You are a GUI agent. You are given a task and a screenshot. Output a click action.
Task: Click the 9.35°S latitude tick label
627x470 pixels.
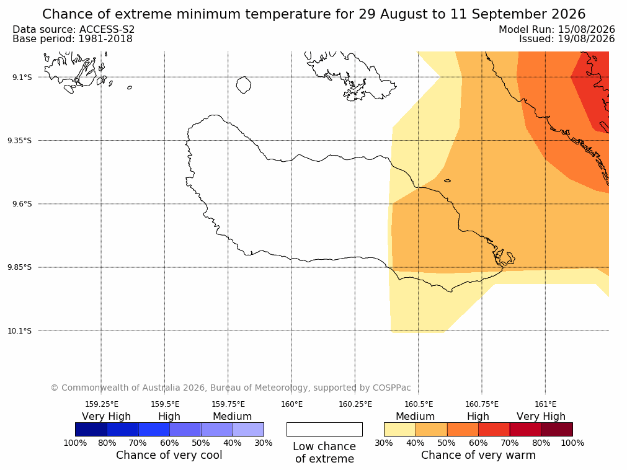(20, 140)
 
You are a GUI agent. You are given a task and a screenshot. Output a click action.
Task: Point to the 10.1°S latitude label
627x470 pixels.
(20, 331)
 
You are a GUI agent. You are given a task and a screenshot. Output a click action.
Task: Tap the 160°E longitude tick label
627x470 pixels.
(291, 404)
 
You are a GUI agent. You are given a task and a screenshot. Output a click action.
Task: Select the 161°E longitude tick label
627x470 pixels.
(545, 404)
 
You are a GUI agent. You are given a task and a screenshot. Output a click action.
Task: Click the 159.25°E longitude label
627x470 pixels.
(102, 404)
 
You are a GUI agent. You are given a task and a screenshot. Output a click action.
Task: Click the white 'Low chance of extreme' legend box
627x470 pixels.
(325, 429)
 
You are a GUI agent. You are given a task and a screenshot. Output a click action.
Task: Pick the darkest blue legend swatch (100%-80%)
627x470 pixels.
(91, 429)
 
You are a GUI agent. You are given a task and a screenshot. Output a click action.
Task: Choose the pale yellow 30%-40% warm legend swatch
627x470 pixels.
(400, 429)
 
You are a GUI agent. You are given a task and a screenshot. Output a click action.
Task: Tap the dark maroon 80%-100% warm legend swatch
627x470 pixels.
(557, 429)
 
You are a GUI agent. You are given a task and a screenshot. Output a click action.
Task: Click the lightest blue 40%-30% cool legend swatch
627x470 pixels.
(248, 429)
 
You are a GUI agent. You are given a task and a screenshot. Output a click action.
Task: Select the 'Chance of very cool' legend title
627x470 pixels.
(169, 455)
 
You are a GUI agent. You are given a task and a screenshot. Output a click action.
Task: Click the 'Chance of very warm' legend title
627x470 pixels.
(478, 455)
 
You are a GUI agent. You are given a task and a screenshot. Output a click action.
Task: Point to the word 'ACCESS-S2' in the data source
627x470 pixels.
(107, 30)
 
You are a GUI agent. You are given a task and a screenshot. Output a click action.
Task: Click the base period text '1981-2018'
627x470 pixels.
(105, 39)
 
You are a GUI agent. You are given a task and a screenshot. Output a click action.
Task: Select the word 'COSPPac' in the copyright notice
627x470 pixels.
(391, 388)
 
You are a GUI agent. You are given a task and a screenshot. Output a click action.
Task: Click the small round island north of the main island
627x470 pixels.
(244, 85)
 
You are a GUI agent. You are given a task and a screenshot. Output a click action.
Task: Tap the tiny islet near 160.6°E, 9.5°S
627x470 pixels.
(447, 180)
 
